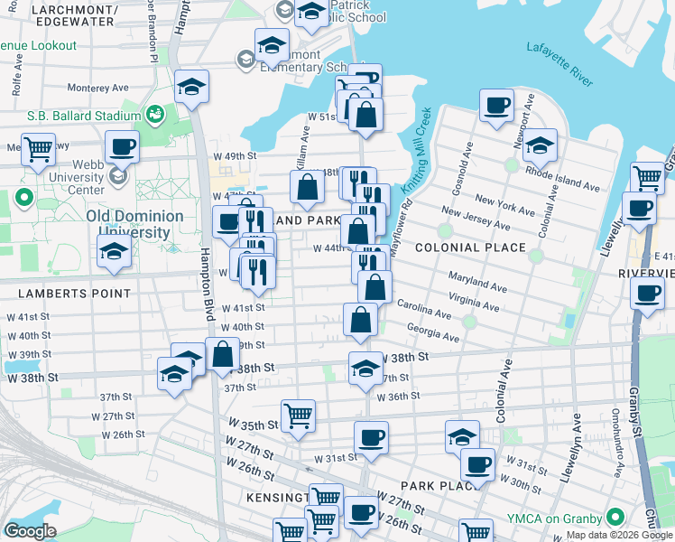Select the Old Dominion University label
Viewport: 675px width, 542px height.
pyautogui.click(x=134, y=225)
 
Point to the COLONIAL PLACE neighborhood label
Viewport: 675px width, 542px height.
pyautogui.click(x=470, y=247)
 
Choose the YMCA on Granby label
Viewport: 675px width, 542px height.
pyautogui.click(x=566, y=518)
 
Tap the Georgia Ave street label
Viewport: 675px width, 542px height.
pyautogui.click(x=432, y=333)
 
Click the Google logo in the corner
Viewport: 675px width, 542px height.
pyautogui.click(x=30, y=531)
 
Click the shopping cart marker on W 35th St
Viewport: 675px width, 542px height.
pyautogui.click(x=298, y=416)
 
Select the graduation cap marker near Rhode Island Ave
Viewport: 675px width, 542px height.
pyautogui.click(x=540, y=145)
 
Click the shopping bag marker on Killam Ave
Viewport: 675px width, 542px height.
pyautogui.click(x=307, y=187)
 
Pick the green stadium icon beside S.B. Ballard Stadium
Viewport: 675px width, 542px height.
pyautogui.click(x=155, y=115)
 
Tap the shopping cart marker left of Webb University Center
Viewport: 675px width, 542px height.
pyautogui.click(x=37, y=150)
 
